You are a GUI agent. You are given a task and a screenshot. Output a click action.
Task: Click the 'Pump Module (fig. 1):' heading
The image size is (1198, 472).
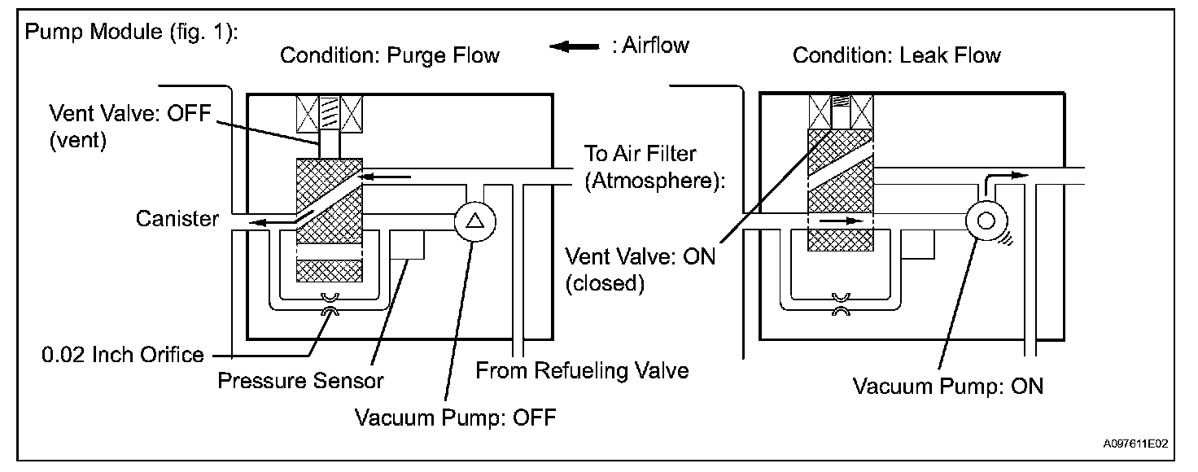[x=132, y=32]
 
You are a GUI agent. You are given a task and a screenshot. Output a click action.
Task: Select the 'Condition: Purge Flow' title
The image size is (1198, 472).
[x=390, y=55]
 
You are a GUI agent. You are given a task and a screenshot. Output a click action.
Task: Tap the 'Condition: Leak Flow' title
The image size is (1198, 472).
[x=896, y=55]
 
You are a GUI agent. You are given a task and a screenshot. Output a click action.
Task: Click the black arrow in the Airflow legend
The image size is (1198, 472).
[x=575, y=47]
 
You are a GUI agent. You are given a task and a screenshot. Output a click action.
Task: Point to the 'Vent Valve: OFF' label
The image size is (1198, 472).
[x=130, y=113]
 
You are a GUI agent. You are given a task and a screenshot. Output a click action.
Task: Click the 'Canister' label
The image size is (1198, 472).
[x=177, y=219]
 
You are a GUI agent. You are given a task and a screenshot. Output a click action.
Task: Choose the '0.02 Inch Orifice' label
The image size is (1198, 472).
[x=122, y=355]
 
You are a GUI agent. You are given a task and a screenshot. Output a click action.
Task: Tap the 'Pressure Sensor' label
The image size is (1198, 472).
[x=300, y=381]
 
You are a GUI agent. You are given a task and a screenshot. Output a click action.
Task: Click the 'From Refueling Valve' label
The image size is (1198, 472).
[x=582, y=371]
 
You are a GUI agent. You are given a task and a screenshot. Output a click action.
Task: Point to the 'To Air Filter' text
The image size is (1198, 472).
[x=641, y=154]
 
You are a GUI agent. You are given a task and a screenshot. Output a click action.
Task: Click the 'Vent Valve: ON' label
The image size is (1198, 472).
[x=641, y=257]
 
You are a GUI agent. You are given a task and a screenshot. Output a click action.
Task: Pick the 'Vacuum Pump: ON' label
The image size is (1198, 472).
[x=947, y=387]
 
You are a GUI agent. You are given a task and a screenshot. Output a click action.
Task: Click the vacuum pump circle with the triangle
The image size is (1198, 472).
[x=475, y=222]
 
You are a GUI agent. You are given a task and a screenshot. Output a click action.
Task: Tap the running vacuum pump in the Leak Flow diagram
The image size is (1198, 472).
[x=986, y=221]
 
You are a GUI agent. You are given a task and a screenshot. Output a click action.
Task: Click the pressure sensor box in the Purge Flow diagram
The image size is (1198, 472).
[x=407, y=245]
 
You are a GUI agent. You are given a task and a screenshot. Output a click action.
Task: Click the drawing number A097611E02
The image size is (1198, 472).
[x=1135, y=444]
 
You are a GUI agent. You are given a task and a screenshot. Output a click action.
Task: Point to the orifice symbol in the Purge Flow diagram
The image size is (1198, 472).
[x=330, y=304]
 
